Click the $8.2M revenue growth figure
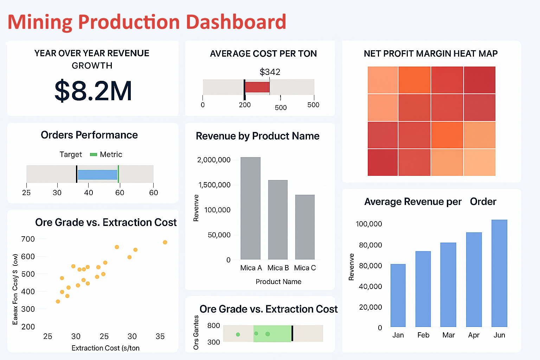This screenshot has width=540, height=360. [x=93, y=91]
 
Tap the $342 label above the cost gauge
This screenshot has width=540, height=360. [x=270, y=72]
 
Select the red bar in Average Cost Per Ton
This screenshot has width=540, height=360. [x=257, y=87]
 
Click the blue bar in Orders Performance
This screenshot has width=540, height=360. [x=97, y=175]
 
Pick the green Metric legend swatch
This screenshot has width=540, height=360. [x=93, y=155]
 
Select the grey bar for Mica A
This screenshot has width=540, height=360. [x=250, y=208]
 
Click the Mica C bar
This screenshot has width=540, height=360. [x=305, y=227]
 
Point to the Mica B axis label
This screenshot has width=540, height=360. [x=278, y=268]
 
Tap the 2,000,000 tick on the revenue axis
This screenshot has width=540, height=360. [x=214, y=160]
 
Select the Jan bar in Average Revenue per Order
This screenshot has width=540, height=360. [x=398, y=295]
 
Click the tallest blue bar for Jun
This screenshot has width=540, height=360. [x=499, y=273]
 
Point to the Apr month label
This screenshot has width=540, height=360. [x=474, y=335]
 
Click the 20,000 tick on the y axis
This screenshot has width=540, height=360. [x=370, y=307]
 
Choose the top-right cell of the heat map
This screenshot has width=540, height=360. [x=480, y=80]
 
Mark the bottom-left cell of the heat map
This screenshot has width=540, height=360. [x=382, y=162]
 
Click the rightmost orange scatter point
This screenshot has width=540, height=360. [x=165, y=242]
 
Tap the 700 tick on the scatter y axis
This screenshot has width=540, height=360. [x=28, y=239]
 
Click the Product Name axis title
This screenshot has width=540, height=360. [x=278, y=282]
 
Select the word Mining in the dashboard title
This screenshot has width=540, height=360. [x=40, y=22]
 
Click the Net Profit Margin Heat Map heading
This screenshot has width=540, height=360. [x=430, y=54]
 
